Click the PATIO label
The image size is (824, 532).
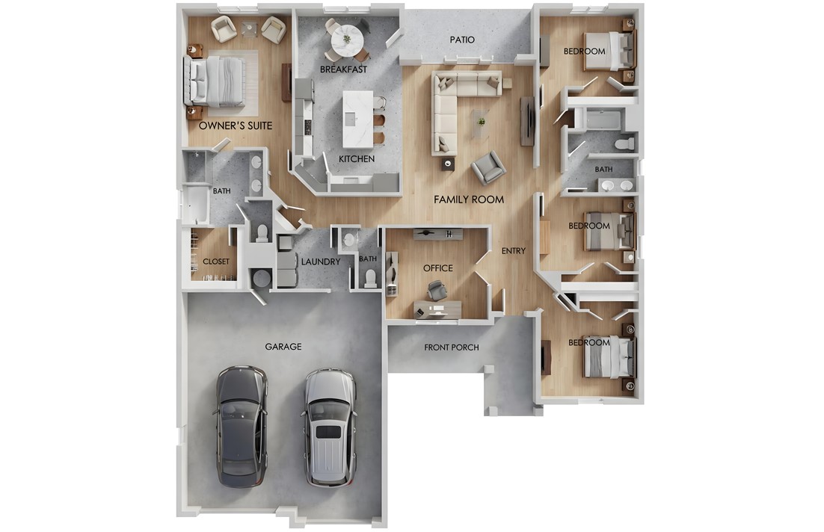[x=461, y=40]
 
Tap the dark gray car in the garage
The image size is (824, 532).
[x=241, y=426]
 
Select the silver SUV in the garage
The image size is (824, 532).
[x=330, y=427]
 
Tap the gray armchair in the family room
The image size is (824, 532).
[x=488, y=167]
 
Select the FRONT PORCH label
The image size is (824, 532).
[x=451, y=347]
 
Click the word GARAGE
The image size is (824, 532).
[x=283, y=347]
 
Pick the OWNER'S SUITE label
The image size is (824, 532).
[x=235, y=126]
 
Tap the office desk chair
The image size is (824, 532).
[x=437, y=289]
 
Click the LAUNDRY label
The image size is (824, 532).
[x=321, y=262]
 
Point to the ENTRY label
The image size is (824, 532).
[x=513, y=251]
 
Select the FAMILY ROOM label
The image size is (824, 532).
[x=469, y=199]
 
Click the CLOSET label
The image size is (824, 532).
[x=216, y=262]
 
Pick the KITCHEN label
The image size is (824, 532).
[x=357, y=159]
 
